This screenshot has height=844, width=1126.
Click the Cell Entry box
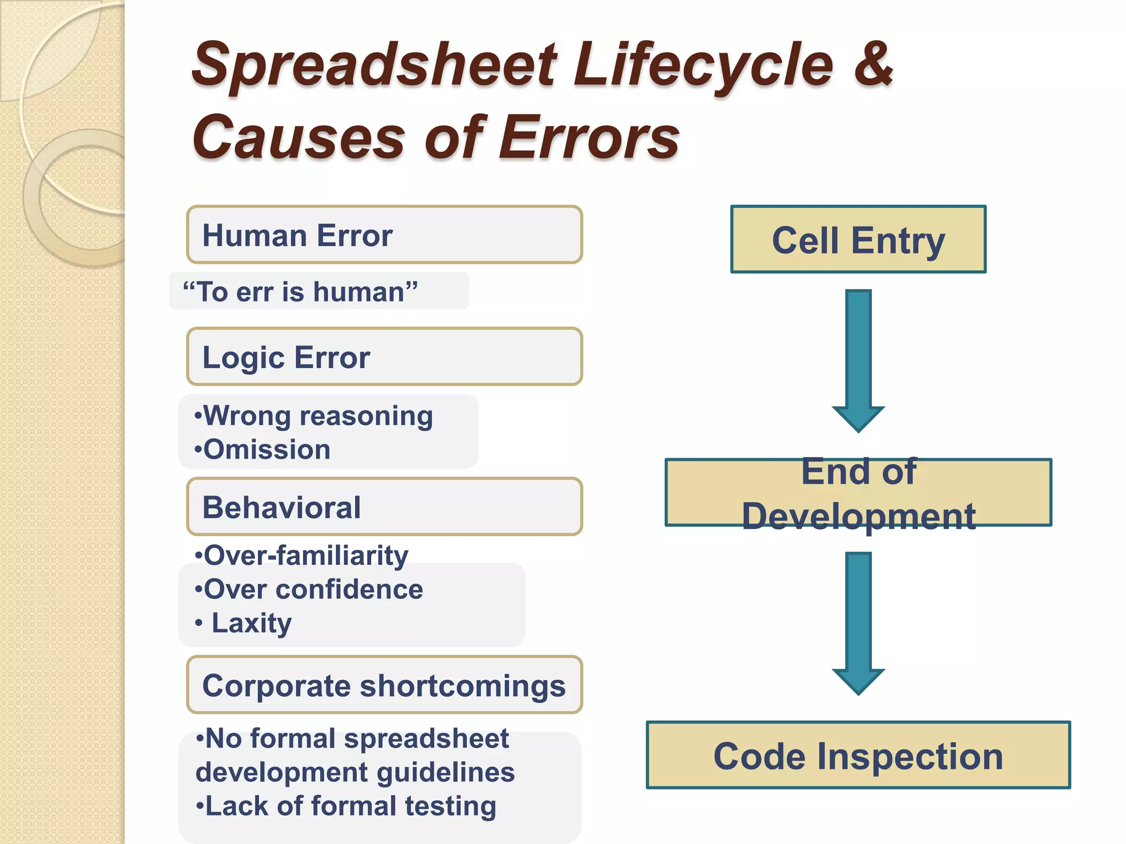[858, 240]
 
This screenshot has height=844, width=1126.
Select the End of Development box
[858, 493]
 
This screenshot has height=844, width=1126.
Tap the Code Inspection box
[858, 756]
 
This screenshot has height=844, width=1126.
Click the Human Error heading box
[384, 235]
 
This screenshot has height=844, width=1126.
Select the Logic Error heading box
[384, 357]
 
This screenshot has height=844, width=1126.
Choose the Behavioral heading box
[384, 507]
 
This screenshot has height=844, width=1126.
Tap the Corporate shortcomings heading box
[384, 686]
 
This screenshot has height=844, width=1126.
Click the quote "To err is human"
[300, 292]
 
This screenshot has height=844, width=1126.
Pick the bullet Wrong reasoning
[314, 416]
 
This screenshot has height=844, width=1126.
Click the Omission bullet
[263, 449]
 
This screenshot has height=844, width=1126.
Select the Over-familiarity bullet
[302, 556]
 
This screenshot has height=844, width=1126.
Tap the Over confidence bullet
[309, 590]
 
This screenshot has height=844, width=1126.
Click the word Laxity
[252, 623]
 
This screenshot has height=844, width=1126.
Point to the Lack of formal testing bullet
[346, 806]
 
